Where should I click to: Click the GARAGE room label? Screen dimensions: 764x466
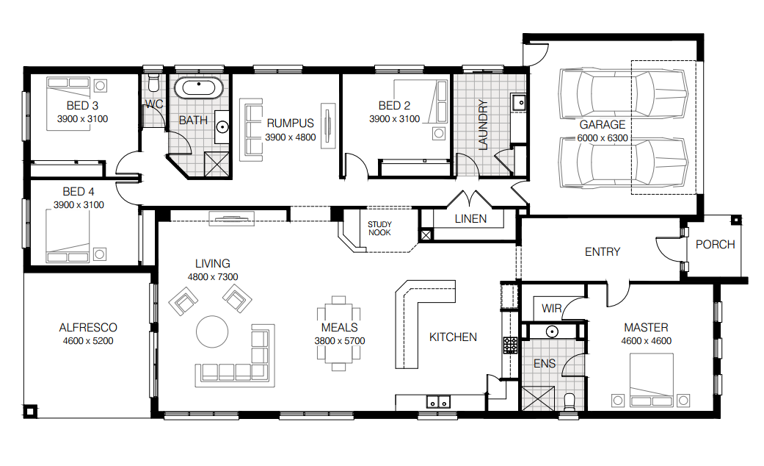click(x=603, y=124)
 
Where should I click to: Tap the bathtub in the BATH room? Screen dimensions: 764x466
click(x=199, y=88)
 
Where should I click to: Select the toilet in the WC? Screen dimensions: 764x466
click(x=153, y=83)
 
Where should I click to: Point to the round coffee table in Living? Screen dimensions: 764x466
click(x=212, y=331)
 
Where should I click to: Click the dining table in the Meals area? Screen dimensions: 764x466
click(x=339, y=333)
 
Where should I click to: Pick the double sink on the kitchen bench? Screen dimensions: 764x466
click(x=439, y=401)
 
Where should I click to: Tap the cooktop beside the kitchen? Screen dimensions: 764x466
click(x=510, y=345)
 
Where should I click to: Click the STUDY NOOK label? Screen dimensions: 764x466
click(x=379, y=229)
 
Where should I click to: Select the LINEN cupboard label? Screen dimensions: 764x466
click(x=470, y=219)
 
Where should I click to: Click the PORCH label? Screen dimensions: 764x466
click(x=715, y=245)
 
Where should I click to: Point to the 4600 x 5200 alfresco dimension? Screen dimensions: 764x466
click(x=88, y=341)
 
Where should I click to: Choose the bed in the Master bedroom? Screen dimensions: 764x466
click(x=652, y=380)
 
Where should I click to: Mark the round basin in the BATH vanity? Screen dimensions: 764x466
click(x=222, y=127)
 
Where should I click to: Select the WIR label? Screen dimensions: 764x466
click(x=552, y=309)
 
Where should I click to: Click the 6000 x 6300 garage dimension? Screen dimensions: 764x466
click(x=603, y=138)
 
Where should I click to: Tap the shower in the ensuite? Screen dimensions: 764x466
click(x=538, y=398)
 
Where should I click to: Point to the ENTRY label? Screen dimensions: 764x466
click(x=603, y=252)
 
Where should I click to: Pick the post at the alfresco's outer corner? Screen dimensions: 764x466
click(x=30, y=412)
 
